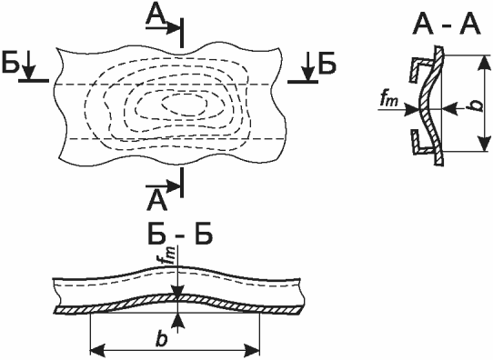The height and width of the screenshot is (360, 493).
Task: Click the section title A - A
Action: [x=448, y=25]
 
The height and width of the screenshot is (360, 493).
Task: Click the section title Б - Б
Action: [x=180, y=234]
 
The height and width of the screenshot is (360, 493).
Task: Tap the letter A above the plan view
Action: [x=156, y=15]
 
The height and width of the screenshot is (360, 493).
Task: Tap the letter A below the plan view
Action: [x=156, y=201]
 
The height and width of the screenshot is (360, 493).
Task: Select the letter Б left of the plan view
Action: [x=10, y=63]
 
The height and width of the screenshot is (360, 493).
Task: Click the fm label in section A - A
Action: [x=389, y=100]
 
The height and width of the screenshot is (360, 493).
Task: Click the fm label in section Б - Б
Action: [x=170, y=255]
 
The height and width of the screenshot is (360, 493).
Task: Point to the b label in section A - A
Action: [x=478, y=105]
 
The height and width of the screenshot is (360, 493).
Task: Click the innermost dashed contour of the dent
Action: [x=185, y=104]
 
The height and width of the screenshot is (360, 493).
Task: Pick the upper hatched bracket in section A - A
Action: [x=421, y=69]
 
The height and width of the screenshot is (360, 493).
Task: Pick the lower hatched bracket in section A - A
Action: [x=421, y=142]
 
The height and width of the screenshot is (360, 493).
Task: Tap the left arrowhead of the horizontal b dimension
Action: [x=97, y=350]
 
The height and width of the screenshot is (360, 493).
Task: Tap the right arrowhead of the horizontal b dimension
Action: [x=252, y=350]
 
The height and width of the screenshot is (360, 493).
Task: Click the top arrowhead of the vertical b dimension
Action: [x=485, y=64]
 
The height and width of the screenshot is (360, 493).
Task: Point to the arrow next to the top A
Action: [x=163, y=28]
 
